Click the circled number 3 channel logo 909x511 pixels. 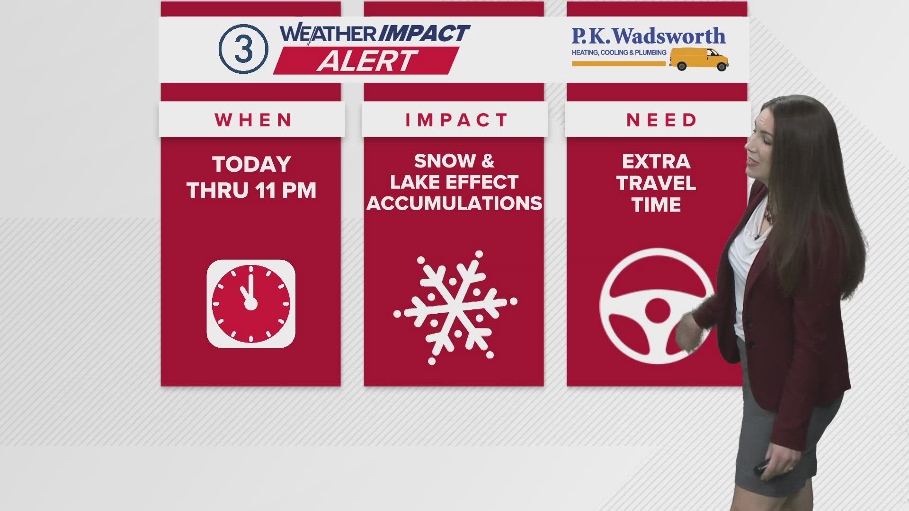[x=243, y=49]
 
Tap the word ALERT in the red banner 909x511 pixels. [x=366, y=61]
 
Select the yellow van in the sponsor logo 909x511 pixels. [x=699, y=59]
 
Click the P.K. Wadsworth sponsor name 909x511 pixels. [x=648, y=36]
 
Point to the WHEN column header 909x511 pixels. [x=253, y=120]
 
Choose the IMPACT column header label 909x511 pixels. [x=456, y=120]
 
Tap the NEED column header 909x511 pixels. [x=661, y=120]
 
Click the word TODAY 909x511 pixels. [x=251, y=165]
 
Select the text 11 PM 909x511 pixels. [x=285, y=191]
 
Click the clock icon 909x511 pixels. [x=251, y=304]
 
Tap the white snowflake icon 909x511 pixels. [x=455, y=308]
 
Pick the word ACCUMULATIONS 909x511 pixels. [x=454, y=203]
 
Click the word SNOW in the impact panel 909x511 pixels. [x=445, y=161]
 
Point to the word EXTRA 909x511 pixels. [x=656, y=162]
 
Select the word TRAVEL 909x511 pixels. [x=656, y=184]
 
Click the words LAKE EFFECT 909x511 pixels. [x=454, y=183]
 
